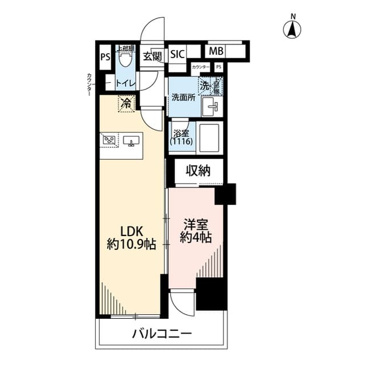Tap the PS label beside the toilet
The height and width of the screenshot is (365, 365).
point(105,56)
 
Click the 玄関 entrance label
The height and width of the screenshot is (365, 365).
point(152,56)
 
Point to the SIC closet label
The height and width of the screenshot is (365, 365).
point(177,55)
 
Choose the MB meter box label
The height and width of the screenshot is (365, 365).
point(216,51)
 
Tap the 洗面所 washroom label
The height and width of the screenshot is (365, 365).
point(184,97)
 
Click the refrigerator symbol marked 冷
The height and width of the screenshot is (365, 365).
point(125,104)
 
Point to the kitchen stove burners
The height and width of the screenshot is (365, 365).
point(109,139)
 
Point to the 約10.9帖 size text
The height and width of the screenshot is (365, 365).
point(131,245)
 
